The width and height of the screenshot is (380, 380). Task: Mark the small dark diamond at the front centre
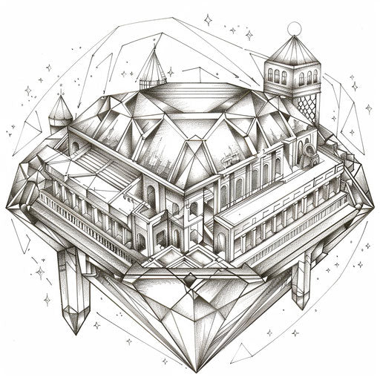coord(191,281)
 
